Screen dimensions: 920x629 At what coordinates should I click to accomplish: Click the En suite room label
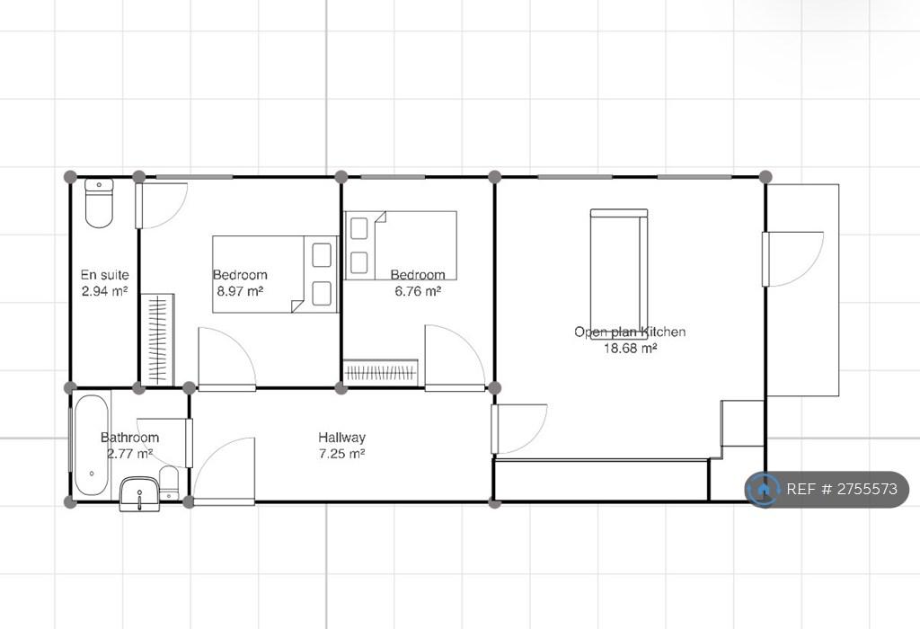[104, 275]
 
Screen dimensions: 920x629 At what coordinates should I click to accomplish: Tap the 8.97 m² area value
[240, 290]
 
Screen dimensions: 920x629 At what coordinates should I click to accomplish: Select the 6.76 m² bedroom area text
[418, 290]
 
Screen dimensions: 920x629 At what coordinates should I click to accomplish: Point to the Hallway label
[342, 437]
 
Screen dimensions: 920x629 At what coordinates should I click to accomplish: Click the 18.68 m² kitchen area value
[630, 348]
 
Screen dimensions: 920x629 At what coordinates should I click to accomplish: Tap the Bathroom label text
[129, 437]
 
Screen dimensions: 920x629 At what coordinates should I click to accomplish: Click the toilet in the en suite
[99, 203]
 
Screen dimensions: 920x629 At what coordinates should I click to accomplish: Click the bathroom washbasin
[139, 494]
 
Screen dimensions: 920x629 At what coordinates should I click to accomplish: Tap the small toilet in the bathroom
[169, 483]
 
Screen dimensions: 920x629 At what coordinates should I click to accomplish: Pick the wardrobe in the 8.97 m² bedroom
[158, 340]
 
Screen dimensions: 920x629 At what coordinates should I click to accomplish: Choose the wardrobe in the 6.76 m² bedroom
[381, 372]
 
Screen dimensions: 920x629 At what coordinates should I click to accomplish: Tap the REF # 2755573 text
[842, 489]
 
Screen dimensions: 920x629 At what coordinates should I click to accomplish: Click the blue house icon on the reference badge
[764, 489]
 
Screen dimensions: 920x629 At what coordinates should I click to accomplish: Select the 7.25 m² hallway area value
[342, 454]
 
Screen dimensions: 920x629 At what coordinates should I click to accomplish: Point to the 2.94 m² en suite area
[104, 290]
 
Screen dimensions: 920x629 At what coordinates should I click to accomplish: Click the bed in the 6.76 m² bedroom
[401, 245]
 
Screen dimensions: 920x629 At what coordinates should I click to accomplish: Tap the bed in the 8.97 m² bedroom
[275, 274]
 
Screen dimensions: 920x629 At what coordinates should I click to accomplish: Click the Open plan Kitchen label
[630, 332]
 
